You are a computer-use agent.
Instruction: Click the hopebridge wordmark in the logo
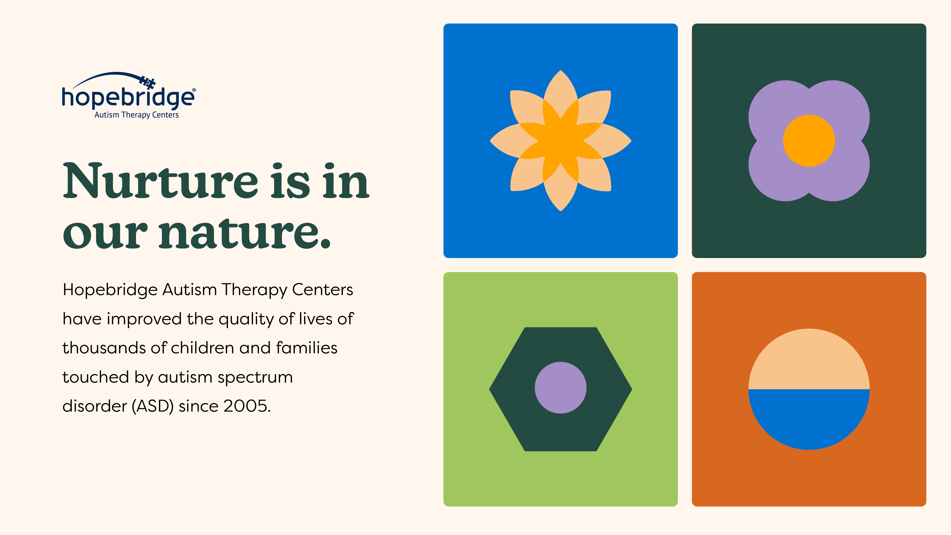pyautogui.click(x=128, y=98)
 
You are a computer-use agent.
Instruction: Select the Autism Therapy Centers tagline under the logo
pyautogui.click(x=137, y=115)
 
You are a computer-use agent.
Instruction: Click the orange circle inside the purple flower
pyautogui.click(x=809, y=141)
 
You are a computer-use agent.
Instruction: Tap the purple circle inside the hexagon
pyautogui.click(x=560, y=388)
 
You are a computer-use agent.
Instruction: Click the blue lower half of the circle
pyautogui.click(x=809, y=417)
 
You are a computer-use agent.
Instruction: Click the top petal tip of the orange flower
pyautogui.click(x=560, y=71)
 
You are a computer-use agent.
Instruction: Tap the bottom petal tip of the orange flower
pyautogui.click(x=560, y=210)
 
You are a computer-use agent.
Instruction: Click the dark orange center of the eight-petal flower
pyautogui.click(x=560, y=141)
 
